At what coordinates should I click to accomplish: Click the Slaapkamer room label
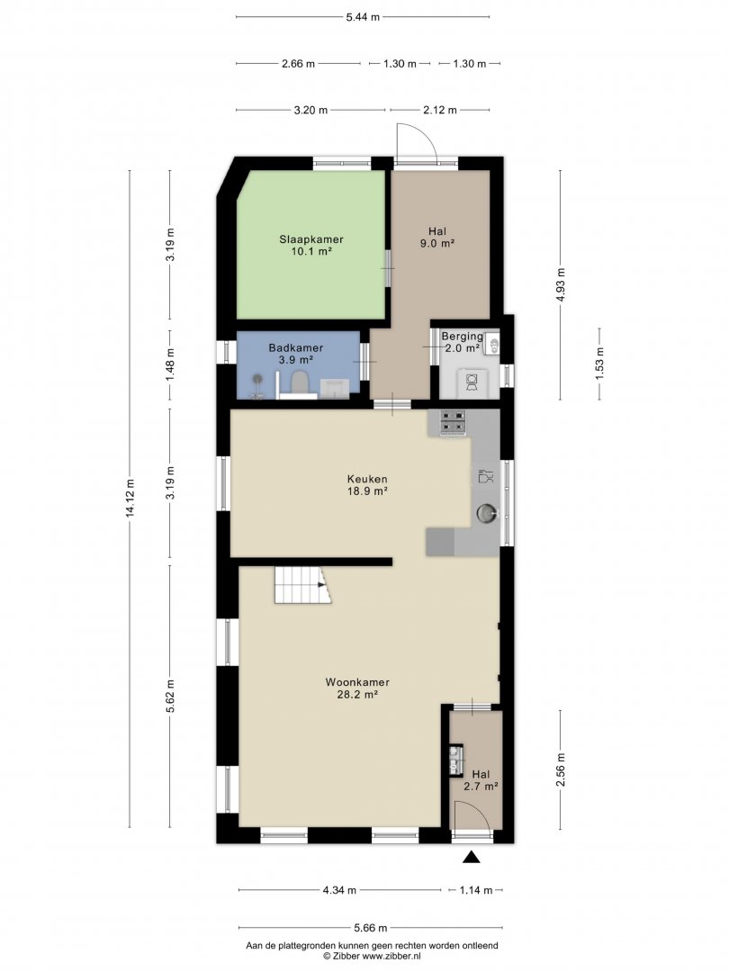click(311, 245)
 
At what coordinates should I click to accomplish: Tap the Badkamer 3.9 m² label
click(296, 354)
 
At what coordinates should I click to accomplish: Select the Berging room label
click(462, 342)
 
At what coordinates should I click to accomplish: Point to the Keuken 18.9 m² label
click(367, 485)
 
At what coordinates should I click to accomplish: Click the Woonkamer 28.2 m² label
click(357, 688)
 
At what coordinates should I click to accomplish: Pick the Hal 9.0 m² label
click(437, 238)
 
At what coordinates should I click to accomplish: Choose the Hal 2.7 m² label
click(481, 780)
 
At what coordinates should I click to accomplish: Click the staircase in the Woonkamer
click(302, 585)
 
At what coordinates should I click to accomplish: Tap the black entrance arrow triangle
click(472, 857)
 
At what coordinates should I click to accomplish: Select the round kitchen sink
click(487, 513)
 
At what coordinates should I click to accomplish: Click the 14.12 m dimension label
click(130, 498)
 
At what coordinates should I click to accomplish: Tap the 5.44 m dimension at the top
click(363, 17)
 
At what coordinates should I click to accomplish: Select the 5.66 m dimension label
click(371, 928)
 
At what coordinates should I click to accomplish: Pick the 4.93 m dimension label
click(562, 284)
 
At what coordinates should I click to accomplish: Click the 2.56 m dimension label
click(562, 769)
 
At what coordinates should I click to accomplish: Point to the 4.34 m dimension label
click(339, 890)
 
